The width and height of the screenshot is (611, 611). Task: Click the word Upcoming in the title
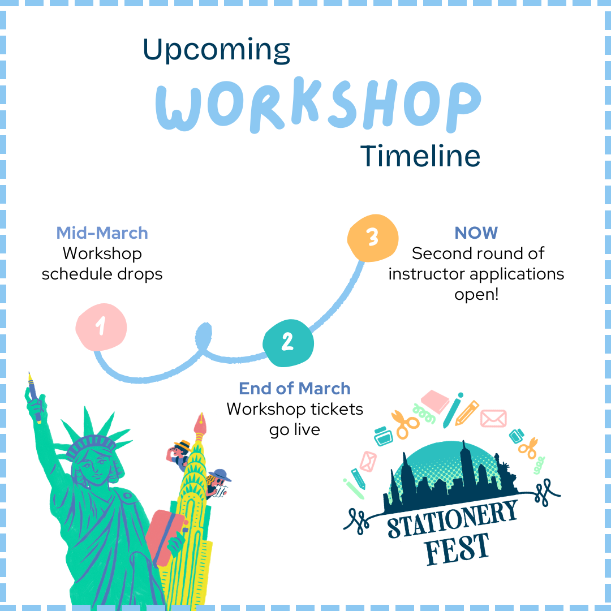216,51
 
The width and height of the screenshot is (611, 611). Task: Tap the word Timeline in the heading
420,156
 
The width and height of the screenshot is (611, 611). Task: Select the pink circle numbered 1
101,327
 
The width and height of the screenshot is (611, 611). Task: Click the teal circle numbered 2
288,342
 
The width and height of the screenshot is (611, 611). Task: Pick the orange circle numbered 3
372,238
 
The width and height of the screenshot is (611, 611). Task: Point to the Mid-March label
102,233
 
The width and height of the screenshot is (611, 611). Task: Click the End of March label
294,389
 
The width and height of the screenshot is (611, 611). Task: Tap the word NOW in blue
476,233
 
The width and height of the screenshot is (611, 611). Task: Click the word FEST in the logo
457,548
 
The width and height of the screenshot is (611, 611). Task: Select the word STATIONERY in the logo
453,519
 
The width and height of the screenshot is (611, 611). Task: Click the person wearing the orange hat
180,452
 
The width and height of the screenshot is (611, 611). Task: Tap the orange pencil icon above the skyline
467,413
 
